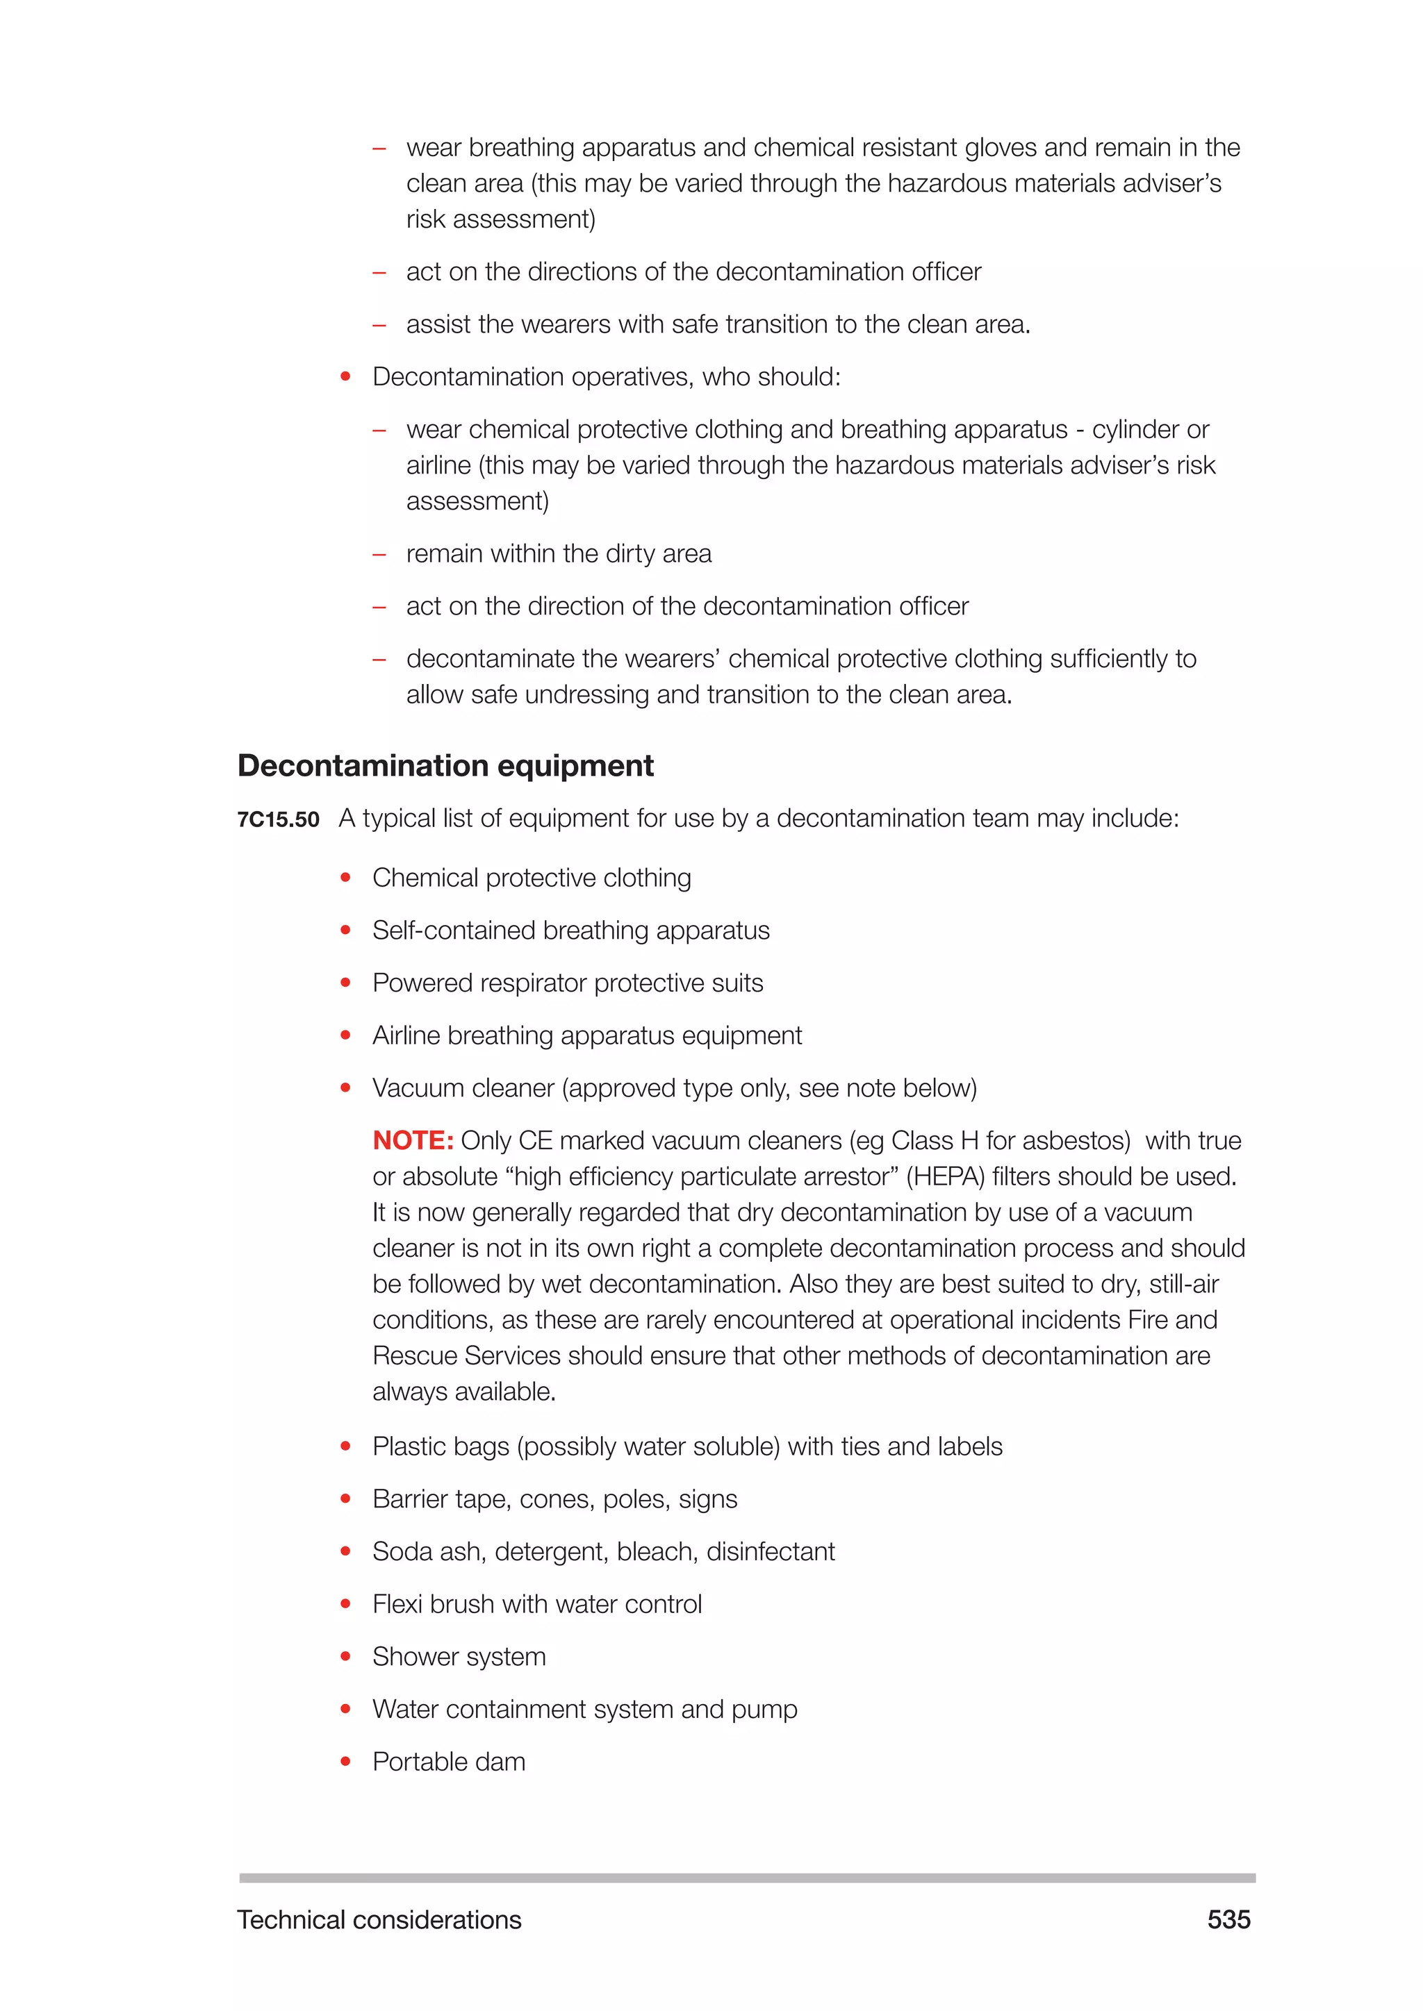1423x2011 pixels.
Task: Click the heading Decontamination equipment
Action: (445, 765)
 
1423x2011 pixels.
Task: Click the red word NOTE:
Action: (413, 1140)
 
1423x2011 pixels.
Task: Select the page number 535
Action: (1228, 1919)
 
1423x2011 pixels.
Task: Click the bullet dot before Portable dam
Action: (345, 1762)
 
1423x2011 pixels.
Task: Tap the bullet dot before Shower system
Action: (345, 1656)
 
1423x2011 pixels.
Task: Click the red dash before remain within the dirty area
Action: (379, 554)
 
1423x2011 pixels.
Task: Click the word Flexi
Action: (397, 1603)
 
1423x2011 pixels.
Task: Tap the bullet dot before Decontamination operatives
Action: (345, 376)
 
